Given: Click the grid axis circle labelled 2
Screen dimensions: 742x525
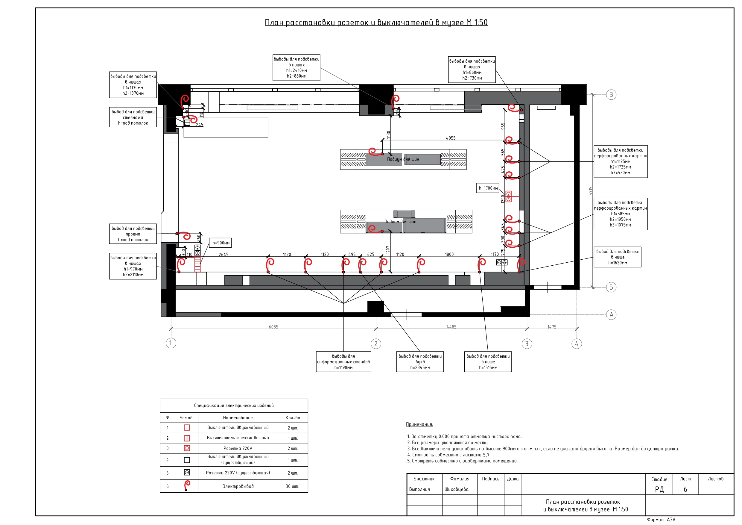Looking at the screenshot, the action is (375, 343).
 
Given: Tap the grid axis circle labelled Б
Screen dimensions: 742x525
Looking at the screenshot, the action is (611, 287).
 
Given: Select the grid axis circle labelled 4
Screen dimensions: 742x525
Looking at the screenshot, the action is (577, 343).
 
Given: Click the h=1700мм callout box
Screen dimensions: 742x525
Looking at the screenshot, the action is (488, 188).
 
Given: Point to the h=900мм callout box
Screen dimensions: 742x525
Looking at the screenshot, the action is (221, 243).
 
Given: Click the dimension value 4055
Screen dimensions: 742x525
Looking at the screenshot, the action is (451, 138).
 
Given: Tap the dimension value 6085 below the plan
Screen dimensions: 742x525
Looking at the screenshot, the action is (273, 327).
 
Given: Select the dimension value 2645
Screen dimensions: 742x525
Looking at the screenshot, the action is (223, 254).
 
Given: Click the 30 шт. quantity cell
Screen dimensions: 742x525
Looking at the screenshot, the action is (293, 486).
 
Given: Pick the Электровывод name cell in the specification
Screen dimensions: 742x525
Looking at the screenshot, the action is (238, 486).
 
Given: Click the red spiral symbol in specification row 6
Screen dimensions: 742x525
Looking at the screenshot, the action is (186, 485).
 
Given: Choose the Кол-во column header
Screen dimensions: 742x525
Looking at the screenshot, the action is (293, 417).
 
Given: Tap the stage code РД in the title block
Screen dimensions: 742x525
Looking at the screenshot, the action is (659, 489).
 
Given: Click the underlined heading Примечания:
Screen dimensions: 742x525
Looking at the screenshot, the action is (419, 424).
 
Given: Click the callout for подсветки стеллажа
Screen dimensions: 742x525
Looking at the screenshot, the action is (133, 117).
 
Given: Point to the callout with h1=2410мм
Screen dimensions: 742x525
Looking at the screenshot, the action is (296, 67).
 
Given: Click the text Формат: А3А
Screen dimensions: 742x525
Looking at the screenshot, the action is (661, 520).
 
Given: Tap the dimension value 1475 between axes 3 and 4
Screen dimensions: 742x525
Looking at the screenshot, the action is (552, 327).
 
